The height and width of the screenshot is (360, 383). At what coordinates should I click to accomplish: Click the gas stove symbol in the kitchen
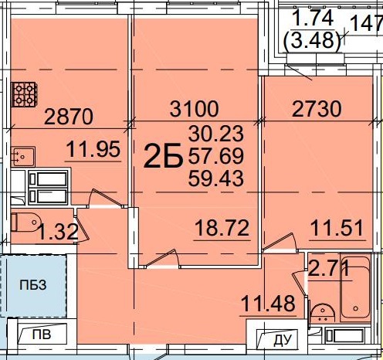[x=24, y=94]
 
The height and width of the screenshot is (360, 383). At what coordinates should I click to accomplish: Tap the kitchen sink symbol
[x=23, y=156]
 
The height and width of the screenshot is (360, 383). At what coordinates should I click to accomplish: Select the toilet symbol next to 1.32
[x=26, y=222]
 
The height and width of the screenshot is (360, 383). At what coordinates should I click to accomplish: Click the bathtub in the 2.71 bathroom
[x=355, y=287]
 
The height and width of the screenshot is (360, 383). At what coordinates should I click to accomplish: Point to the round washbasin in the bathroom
[x=323, y=313]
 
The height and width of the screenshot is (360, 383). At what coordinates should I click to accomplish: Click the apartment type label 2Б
[x=164, y=156]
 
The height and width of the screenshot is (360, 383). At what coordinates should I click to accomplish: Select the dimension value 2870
[x=69, y=117]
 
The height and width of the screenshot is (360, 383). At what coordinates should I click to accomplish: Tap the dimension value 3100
[x=195, y=109]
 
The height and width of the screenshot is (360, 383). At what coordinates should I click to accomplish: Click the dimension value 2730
[x=317, y=109]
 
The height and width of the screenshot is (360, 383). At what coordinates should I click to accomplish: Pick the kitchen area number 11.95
[x=93, y=149]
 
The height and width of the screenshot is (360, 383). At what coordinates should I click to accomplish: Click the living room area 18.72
[x=222, y=228]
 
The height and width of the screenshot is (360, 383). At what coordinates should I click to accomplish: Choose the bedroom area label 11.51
[x=337, y=228]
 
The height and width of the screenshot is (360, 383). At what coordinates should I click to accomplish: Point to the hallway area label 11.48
[x=269, y=304]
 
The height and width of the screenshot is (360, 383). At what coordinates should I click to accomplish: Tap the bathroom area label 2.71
[x=329, y=268]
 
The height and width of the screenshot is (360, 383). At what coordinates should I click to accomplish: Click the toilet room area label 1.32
[x=58, y=231]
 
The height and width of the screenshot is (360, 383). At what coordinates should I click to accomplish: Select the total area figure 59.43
[x=216, y=178]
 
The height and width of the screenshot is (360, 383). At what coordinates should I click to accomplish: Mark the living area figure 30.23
[x=216, y=133]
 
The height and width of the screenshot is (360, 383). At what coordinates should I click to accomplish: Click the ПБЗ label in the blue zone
[x=33, y=285]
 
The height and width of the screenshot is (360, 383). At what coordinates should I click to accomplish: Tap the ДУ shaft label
[x=283, y=340]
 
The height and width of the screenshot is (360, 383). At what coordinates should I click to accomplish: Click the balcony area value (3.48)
[x=312, y=40]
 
